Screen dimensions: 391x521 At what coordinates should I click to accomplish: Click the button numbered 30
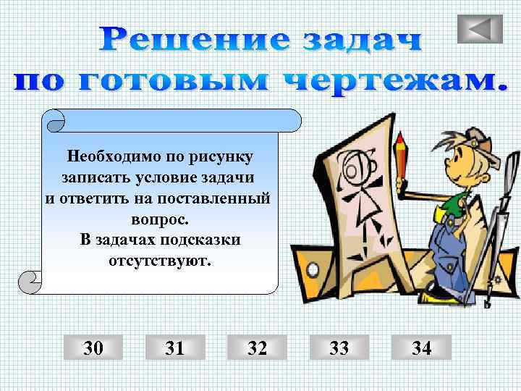point(93,348)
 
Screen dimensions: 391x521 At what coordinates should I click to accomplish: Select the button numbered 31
point(174,348)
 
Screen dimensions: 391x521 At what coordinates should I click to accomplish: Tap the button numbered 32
point(257,348)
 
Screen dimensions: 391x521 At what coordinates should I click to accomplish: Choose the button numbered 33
point(339,348)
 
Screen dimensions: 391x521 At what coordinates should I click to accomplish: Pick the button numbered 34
point(421,348)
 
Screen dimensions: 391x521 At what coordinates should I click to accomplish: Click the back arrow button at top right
point(480,28)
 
